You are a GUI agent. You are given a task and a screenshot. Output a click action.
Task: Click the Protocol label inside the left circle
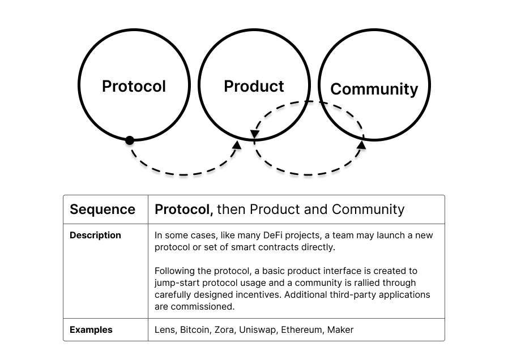(x=134, y=86)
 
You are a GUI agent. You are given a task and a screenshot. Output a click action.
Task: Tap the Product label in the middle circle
(x=254, y=86)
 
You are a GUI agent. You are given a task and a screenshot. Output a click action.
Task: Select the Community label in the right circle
(x=374, y=89)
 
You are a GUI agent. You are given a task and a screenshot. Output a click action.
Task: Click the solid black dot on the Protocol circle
(x=130, y=140)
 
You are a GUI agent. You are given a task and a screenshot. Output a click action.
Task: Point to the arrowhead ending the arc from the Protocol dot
(x=237, y=145)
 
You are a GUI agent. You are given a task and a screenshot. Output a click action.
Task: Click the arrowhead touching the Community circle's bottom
(x=361, y=146)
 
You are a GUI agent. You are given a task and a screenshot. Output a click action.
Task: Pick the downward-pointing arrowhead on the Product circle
(x=254, y=135)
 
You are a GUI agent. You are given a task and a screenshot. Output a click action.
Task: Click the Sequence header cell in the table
(x=103, y=209)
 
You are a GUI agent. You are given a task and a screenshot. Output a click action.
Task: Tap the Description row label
(x=95, y=235)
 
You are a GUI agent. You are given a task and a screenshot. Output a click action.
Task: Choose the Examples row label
(x=91, y=329)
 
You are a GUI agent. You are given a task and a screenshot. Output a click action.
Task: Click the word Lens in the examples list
(x=164, y=329)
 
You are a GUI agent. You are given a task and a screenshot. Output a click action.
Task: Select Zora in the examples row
(x=224, y=329)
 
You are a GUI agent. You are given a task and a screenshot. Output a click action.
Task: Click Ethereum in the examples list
(x=302, y=329)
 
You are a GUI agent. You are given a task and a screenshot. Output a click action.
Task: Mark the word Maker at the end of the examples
(x=340, y=329)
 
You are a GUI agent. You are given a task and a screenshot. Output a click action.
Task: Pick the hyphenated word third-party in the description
(x=357, y=294)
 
